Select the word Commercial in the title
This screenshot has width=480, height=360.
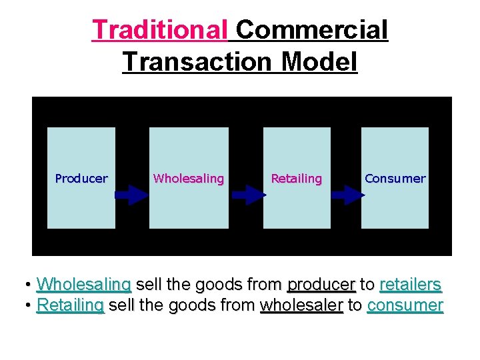(x=311, y=30)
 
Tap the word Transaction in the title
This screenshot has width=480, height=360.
(x=198, y=62)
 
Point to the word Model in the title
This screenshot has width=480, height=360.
(x=319, y=62)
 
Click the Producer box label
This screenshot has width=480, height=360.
(x=81, y=179)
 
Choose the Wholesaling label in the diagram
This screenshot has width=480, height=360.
(x=189, y=179)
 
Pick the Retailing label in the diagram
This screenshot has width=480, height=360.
(x=297, y=179)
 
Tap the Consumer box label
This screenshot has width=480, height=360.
(x=395, y=179)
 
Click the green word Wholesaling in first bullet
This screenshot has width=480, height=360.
(x=84, y=285)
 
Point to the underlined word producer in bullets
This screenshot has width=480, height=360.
(x=321, y=285)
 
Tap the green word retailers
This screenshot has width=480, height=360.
(x=410, y=285)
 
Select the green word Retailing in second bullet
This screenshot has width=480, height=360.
(x=71, y=306)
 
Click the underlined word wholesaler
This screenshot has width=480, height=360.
(x=301, y=306)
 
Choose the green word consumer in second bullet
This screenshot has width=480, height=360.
(x=405, y=306)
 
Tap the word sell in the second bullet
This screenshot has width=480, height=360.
(x=120, y=306)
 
